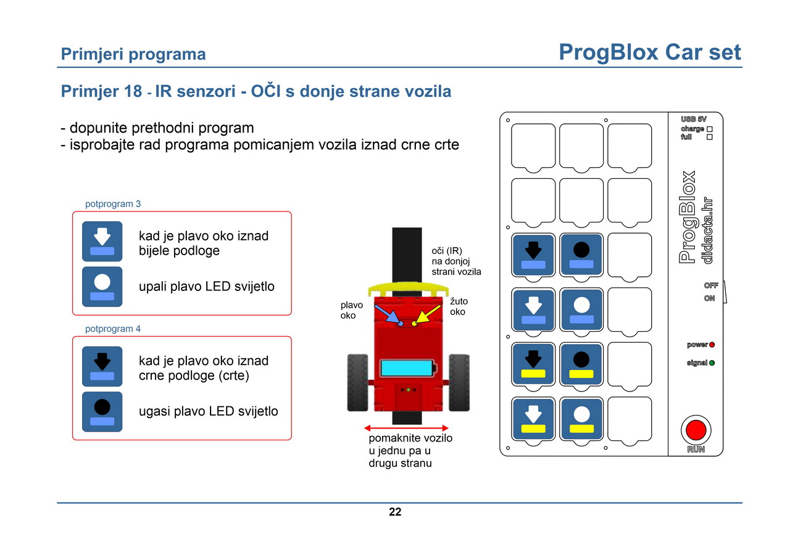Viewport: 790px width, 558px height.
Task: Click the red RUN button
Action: coord(696,430)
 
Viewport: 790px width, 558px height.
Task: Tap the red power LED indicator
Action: coord(712,345)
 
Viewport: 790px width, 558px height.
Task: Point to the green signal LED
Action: coord(712,363)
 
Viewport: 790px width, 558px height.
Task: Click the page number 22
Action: coord(395,512)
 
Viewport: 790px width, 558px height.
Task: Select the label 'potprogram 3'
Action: coord(113,204)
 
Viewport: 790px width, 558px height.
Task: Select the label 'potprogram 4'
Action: coord(113,329)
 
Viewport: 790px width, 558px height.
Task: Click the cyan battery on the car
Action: coord(408,368)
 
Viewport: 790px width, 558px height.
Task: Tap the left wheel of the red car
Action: coord(357,382)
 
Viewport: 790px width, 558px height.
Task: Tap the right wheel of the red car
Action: coord(459,382)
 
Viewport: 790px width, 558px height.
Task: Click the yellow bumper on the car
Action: coord(409,289)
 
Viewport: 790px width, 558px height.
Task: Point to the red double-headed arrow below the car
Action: coord(406,428)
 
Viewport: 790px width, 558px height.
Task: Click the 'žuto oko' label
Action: coord(459,306)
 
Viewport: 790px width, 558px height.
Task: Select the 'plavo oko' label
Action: coord(351,310)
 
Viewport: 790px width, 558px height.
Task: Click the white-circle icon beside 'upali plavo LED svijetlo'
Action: coord(102,287)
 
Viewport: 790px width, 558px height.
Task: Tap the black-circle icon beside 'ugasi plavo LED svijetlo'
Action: coord(102,412)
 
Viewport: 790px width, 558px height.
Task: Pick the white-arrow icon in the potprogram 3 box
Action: coord(102,241)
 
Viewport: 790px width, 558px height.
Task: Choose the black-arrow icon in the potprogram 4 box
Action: coord(102,366)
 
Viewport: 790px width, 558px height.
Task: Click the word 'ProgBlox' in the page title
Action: coord(609,53)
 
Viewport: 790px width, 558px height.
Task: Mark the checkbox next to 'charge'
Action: coord(710,129)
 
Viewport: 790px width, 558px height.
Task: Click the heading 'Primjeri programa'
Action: coord(133,54)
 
